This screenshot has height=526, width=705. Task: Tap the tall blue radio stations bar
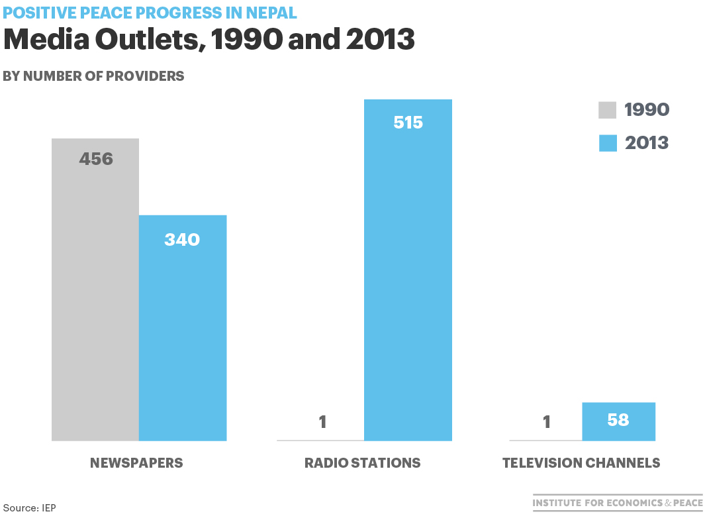(408, 278)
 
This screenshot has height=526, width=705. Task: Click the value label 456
(96, 160)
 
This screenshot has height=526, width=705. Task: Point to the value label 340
(182, 239)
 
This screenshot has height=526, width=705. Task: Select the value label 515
(408, 123)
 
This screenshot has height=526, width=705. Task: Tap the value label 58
(618, 420)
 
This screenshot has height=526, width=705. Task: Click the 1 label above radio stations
(322, 422)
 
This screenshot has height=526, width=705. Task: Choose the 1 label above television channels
(546, 422)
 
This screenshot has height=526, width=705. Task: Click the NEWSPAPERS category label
(136, 463)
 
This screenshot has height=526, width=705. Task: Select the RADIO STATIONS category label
(362, 463)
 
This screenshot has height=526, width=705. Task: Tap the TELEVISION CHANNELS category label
(581, 463)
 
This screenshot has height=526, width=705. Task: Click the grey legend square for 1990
(608, 110)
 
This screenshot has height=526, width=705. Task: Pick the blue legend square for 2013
(608, 143)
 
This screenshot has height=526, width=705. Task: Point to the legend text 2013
(647, 143)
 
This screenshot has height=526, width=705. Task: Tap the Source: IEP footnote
(30, 508)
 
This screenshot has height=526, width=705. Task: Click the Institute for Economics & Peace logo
(618, 503)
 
